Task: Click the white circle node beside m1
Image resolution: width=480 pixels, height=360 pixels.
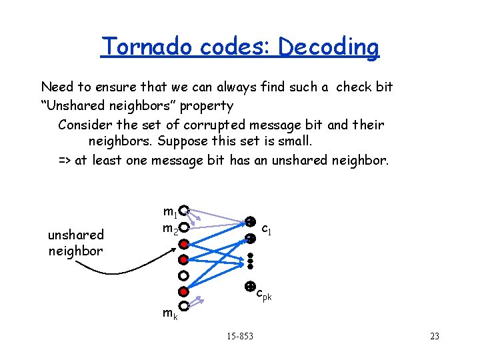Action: coord(183,211)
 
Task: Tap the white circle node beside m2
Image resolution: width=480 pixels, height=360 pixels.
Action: coord(183,227)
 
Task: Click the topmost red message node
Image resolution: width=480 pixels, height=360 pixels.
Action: coord(183,243)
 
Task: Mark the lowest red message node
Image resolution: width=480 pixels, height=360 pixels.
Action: coord(183,291)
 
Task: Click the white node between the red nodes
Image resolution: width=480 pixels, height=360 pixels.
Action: coord(183,275)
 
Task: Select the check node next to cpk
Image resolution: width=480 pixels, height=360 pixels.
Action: coord(249,287)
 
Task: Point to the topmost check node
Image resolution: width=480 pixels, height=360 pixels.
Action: coord(249,221)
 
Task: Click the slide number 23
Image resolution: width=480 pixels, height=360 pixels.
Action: coord(435,336)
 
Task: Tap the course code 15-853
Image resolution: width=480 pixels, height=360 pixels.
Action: coord(240,336)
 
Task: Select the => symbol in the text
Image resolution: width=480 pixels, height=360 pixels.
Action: coord(65,160)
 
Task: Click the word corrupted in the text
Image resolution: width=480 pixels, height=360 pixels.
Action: coord(173,125)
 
